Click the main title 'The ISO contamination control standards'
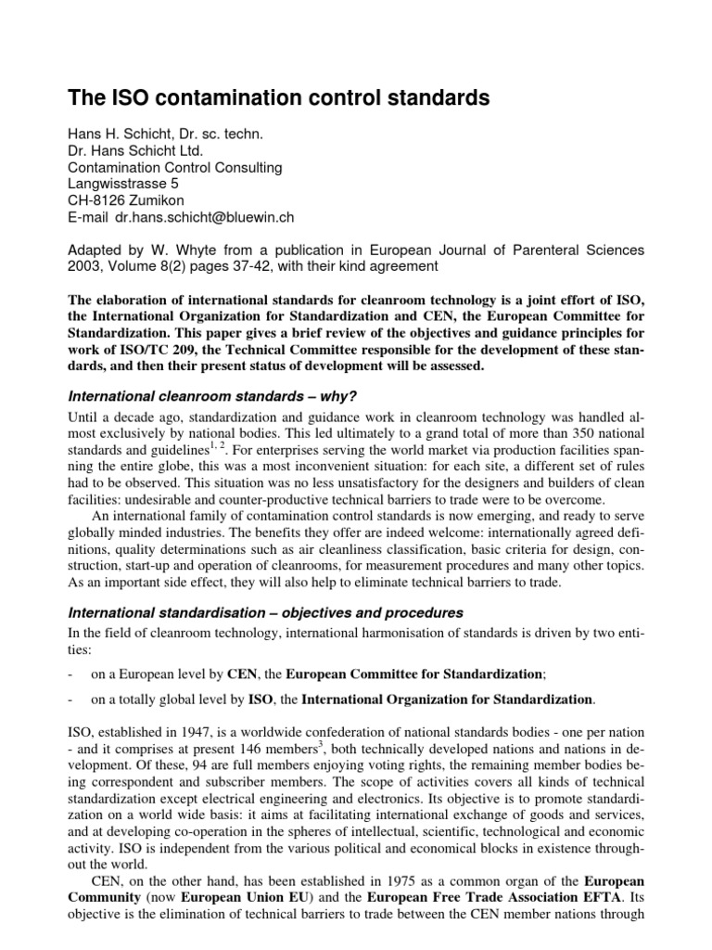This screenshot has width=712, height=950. [278, 98]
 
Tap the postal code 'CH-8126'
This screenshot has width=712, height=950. [98, 200]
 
